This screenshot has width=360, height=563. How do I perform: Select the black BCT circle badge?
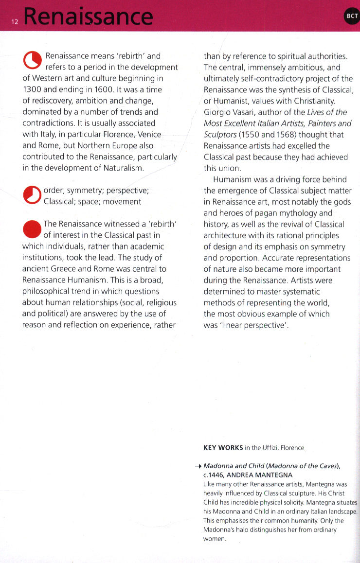click(351, 16)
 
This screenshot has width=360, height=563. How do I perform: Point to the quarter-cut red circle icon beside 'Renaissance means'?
click(32, 61)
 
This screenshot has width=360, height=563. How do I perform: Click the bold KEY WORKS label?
click(222, 447)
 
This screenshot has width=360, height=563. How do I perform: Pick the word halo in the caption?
click(246, 529)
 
